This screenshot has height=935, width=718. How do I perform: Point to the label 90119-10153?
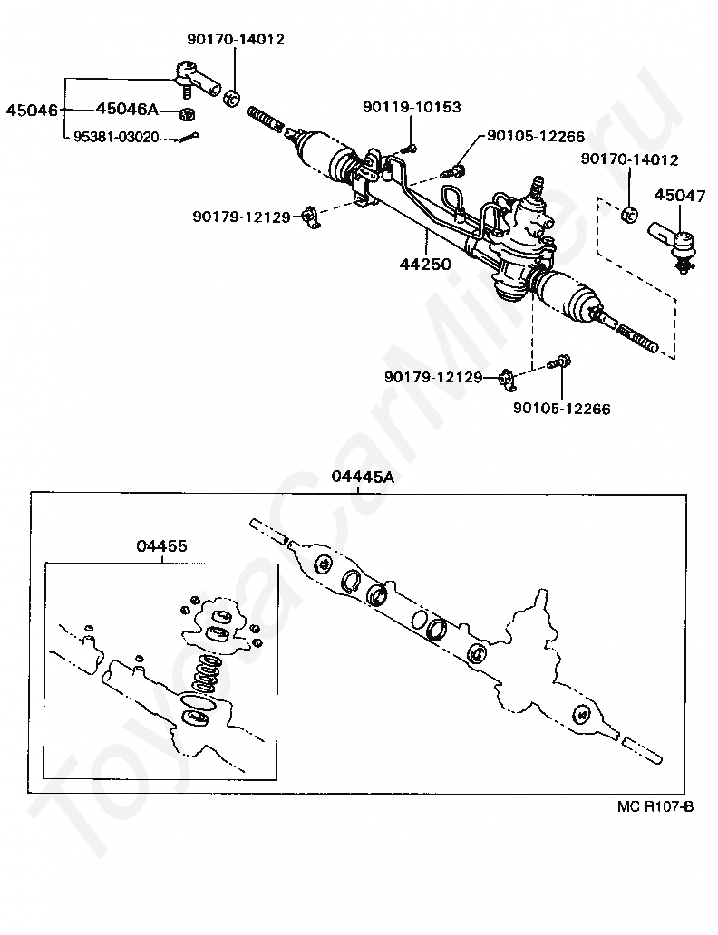pos(412,107)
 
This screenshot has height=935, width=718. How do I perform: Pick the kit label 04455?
pos(162,545)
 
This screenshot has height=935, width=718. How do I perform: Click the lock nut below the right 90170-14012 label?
pos(629,215)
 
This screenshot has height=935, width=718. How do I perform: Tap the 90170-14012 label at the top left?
pos(236,40)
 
